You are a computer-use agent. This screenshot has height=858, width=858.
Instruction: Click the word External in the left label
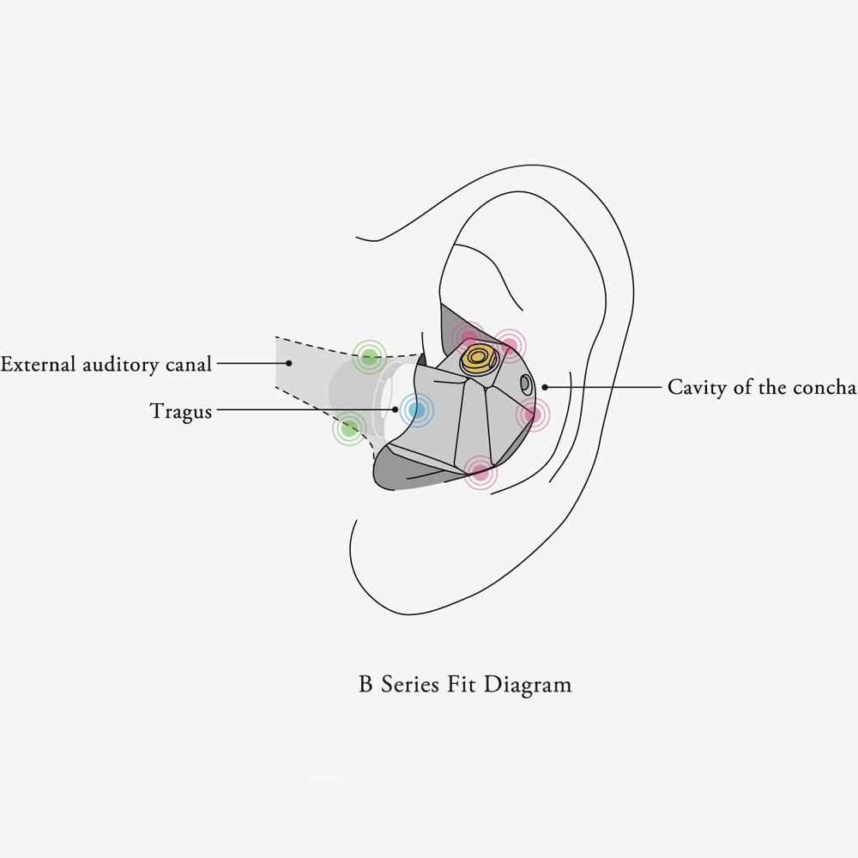[x=38, y=364]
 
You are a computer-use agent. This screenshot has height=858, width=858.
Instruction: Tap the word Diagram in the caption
[x=528, y=685]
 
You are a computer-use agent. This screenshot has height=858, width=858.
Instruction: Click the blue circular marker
[x=416, y=410]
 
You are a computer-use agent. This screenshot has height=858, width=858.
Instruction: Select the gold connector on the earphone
[x=479, y=359]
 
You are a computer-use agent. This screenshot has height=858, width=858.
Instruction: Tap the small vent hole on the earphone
[x=525, y=384]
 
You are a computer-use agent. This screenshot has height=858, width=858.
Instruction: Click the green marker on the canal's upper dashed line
[x=369, y=357]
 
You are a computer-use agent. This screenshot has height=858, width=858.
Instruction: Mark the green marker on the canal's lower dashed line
[x=349, y=429]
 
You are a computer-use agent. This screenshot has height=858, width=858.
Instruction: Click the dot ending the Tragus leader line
[x=395, y=409]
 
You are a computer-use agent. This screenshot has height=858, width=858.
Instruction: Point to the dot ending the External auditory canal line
[x=289, y=363]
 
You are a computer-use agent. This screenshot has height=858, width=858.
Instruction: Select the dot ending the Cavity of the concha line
[x=545, y=387]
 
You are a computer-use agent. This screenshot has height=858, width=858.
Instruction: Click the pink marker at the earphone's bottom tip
[x=480, y=472]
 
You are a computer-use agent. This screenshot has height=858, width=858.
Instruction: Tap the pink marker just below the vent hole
[x=533, y=414]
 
